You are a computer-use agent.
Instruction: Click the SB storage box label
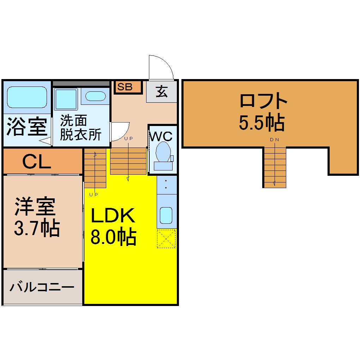[x=125, y=87]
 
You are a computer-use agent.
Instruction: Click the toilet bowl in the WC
[x=163, y=152]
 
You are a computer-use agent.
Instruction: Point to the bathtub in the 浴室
[x=27, y=97]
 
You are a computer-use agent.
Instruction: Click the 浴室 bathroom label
[x=27, y=126]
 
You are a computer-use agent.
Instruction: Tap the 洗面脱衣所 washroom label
[x=80, y=127]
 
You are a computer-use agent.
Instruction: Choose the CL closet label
[x=37, y=162]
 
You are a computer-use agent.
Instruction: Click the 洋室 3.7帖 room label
[x=37, y=217]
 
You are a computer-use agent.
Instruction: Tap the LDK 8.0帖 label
[x=113, y=226]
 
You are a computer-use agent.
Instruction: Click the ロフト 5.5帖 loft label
[x=263, y=112]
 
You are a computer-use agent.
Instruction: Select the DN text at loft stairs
[x=275, y=140]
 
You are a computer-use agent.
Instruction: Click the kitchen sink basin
[x=166, y=215]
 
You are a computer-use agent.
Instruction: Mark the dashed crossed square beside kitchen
[x=166, y=239]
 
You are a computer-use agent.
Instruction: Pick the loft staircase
[x=274, y=167]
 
